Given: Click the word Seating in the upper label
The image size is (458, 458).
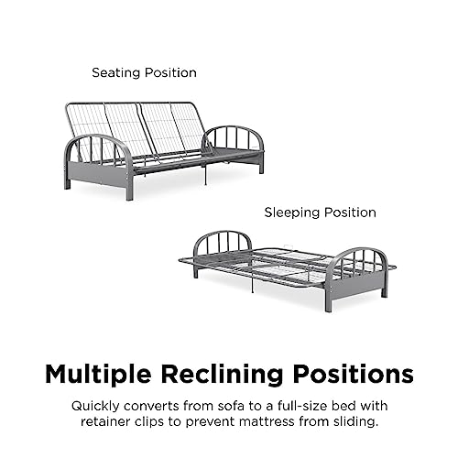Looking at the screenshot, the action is click(x=116, y=73).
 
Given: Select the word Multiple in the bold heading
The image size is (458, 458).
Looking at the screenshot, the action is click(x=98, y=375).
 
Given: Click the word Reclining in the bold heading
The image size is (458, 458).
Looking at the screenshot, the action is click(x=222, y=375).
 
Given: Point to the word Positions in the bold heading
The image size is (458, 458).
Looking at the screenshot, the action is click(x=354, y=375).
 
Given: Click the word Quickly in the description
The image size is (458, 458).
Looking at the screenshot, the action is click(x=95, y=407).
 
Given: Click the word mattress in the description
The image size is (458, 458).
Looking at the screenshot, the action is click(x=267, y=421).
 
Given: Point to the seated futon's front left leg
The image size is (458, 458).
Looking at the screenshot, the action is click(x=129, y=187).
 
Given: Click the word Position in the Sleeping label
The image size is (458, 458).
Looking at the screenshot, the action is click(x=350, y=213).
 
